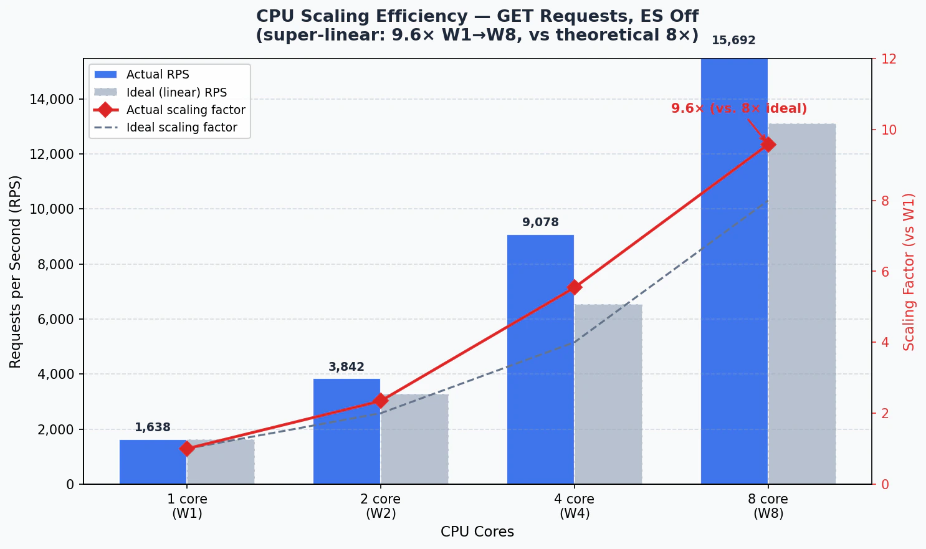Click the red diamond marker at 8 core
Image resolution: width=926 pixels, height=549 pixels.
pos(768,144)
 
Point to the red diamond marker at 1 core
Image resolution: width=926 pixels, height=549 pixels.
pos(187,449)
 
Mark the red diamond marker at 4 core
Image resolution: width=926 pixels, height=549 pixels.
pos(575,287)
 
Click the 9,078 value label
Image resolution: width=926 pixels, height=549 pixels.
pos(540,222)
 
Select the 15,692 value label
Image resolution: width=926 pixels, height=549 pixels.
pos(733,41)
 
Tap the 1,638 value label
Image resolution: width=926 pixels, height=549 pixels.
pos(153,427)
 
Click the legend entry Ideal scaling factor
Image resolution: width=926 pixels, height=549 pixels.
pos(181,128)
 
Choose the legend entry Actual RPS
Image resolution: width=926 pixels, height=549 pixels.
pos(158,75)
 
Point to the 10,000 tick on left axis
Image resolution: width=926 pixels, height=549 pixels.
pos(52,209)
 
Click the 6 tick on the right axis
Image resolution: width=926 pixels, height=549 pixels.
pos(885,272)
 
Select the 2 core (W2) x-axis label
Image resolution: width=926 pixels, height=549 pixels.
pos(381,506)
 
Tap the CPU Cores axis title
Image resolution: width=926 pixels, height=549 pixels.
pos(477,532)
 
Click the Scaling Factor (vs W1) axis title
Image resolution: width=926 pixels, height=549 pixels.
pos(909,272)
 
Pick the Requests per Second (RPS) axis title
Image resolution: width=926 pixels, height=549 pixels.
pos(16,272)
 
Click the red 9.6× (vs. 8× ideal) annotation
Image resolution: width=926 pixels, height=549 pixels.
pos(738,108)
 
